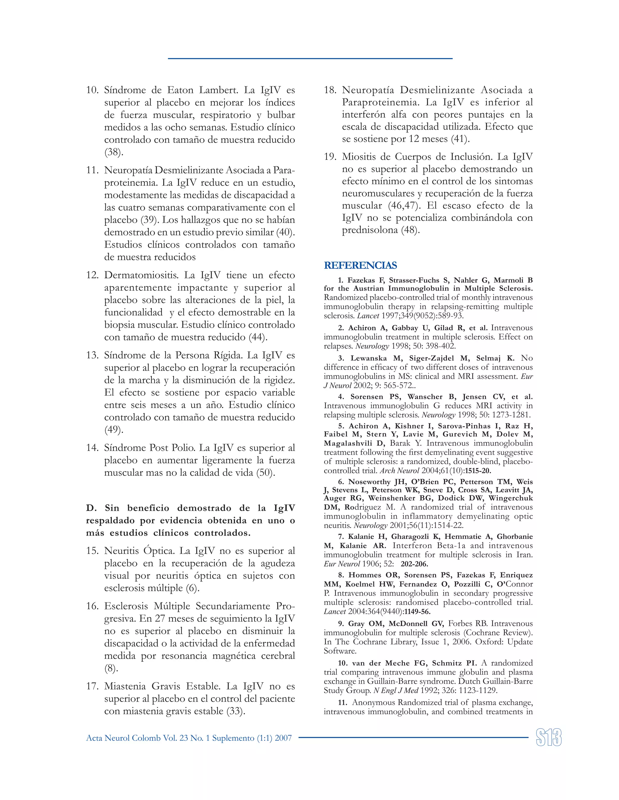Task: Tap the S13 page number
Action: [x=548, y=738]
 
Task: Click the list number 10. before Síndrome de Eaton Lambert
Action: [x=92, y=90]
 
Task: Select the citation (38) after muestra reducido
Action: [x=114, y=152]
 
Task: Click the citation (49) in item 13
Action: [x=114, y=430]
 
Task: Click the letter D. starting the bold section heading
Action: [x=91, y=508]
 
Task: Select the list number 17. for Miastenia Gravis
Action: [x=92, y=686]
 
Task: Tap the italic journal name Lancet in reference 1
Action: [x=368, y=316]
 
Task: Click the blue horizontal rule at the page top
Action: [x=310, y=58]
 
